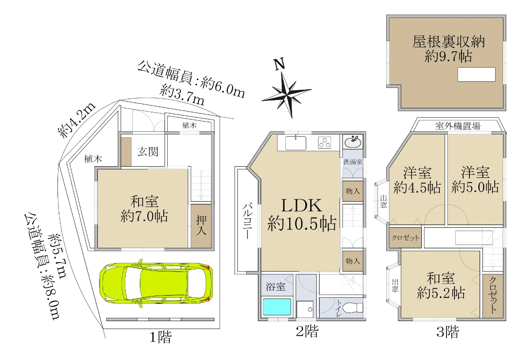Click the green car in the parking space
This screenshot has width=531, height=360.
click(x=156, y=283)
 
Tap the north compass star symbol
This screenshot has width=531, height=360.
click(x=287, y=95)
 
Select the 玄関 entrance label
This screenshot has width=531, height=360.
click(x=148, y=152)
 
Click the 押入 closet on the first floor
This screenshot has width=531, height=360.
click(x=201, y=226)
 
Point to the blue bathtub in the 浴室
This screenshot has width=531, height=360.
click(x=277, y=307)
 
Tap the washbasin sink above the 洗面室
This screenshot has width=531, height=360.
click(x=353, y=142)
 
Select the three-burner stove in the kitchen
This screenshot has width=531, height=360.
click(x=324, y=143)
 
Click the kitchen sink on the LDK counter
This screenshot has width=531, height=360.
click(x=296, y=143)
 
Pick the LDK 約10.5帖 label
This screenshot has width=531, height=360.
click(x=301, y=214)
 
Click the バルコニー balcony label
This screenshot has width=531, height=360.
click(x=247, y=220)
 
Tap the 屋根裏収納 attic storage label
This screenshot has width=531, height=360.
click(x=448, y=42)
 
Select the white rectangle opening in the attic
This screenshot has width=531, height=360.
click(x=477, y=75)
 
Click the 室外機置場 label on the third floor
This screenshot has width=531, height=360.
click(x=458, y=126)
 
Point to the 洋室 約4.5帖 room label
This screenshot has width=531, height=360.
click(x=417, y=180)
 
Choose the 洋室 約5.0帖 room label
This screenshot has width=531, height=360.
click(x=475, y=180)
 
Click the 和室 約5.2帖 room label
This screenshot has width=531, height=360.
click(x=441, y=286)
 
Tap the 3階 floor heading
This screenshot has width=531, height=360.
click(x=447, y=332)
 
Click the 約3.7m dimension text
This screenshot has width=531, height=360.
click(x=182, y=95)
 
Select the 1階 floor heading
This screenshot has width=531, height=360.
click(x=160, y=337)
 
